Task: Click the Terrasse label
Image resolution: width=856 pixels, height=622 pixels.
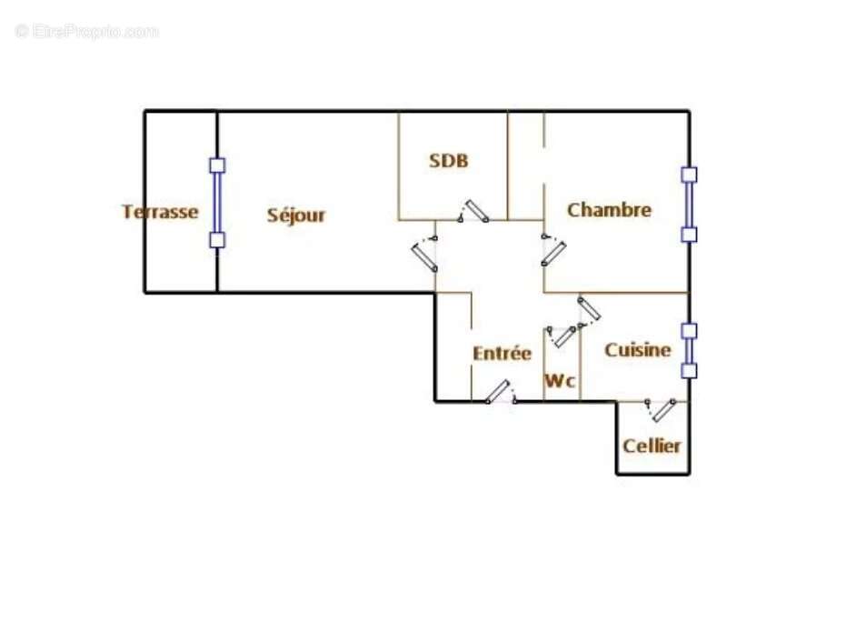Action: pos(160,212)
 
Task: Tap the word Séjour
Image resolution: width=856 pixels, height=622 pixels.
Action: pos(296,216)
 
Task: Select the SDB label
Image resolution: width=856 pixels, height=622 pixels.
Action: pos(449,161)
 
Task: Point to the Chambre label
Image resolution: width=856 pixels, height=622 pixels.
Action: pos(609,210)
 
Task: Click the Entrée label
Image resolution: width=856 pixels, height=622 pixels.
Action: pos(502,354)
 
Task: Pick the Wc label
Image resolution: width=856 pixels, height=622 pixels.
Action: pos(560,382)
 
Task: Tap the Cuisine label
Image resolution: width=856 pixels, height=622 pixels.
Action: pos(638,349)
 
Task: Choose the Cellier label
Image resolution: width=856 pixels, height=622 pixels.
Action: pos(652,446)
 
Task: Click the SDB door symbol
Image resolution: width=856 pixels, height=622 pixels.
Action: pos(473,211)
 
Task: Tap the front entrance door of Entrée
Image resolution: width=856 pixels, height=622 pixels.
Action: pos(499,392)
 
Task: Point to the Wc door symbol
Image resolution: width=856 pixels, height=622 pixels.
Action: pos(562,336)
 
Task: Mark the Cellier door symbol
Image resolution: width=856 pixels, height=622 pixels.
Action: pos(662,409)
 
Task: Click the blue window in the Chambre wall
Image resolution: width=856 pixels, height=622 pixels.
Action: pos(689,205)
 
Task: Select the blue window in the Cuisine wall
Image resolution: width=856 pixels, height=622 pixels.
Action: pos(689,350)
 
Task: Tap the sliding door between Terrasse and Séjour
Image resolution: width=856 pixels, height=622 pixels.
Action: pos(217,203)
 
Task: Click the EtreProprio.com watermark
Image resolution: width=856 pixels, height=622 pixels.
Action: pos(86,32)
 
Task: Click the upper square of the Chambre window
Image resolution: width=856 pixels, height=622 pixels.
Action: pos(689,175)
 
